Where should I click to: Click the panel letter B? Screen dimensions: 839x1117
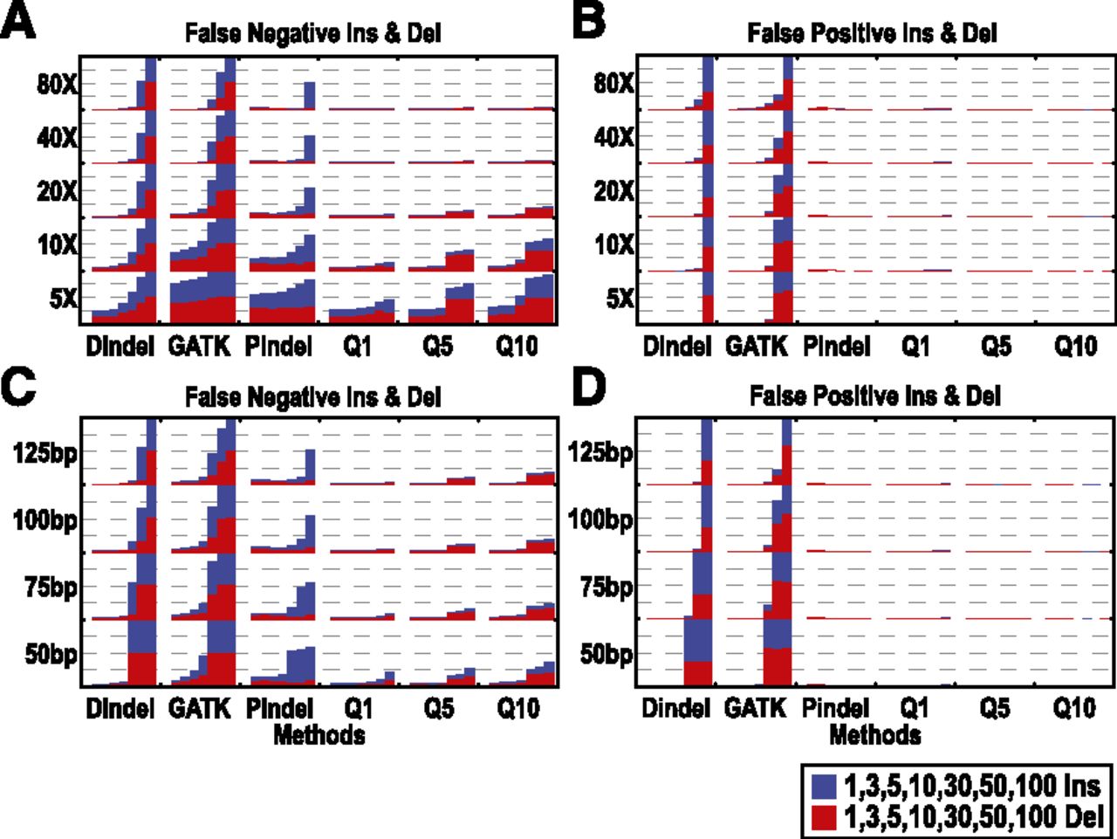589,21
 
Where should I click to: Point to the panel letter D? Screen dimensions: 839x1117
589,388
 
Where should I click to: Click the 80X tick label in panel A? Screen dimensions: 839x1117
57,85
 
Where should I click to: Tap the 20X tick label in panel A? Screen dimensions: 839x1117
57,192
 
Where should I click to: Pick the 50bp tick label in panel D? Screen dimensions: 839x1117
606,655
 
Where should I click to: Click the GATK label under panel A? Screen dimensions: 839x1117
198,347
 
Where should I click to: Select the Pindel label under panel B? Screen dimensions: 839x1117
835,347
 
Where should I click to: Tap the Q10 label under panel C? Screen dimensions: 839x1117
517,708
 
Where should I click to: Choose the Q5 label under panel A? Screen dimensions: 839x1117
438,347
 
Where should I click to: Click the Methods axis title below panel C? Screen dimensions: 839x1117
319,735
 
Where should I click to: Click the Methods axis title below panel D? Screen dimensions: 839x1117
874,735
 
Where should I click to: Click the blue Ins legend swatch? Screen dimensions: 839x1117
824,786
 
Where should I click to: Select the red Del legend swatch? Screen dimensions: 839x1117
824,817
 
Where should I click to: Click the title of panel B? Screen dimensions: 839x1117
873,34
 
